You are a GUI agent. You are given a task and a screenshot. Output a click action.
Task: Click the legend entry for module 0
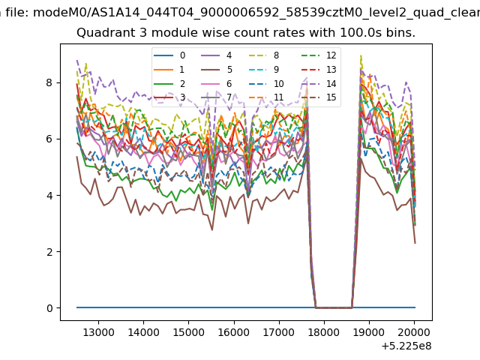pyautogui.click(x=169, y=55)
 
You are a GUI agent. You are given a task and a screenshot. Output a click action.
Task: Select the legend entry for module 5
pyautogui.click(x=217, y=70)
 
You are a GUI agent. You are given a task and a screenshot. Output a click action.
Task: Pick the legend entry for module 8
pyautogui.click(x=264, y=55)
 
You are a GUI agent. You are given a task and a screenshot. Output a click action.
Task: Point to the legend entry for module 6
pyautogui.click(x=217, y=83)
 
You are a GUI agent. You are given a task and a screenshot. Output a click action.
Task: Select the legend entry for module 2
pyautogui.click(x=169, y=83)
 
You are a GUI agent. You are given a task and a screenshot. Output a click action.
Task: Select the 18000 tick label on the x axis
pyautogui.click(x=324, y=332)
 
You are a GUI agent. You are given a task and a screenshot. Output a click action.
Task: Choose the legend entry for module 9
pyautogui.click(x=264, y=70)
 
